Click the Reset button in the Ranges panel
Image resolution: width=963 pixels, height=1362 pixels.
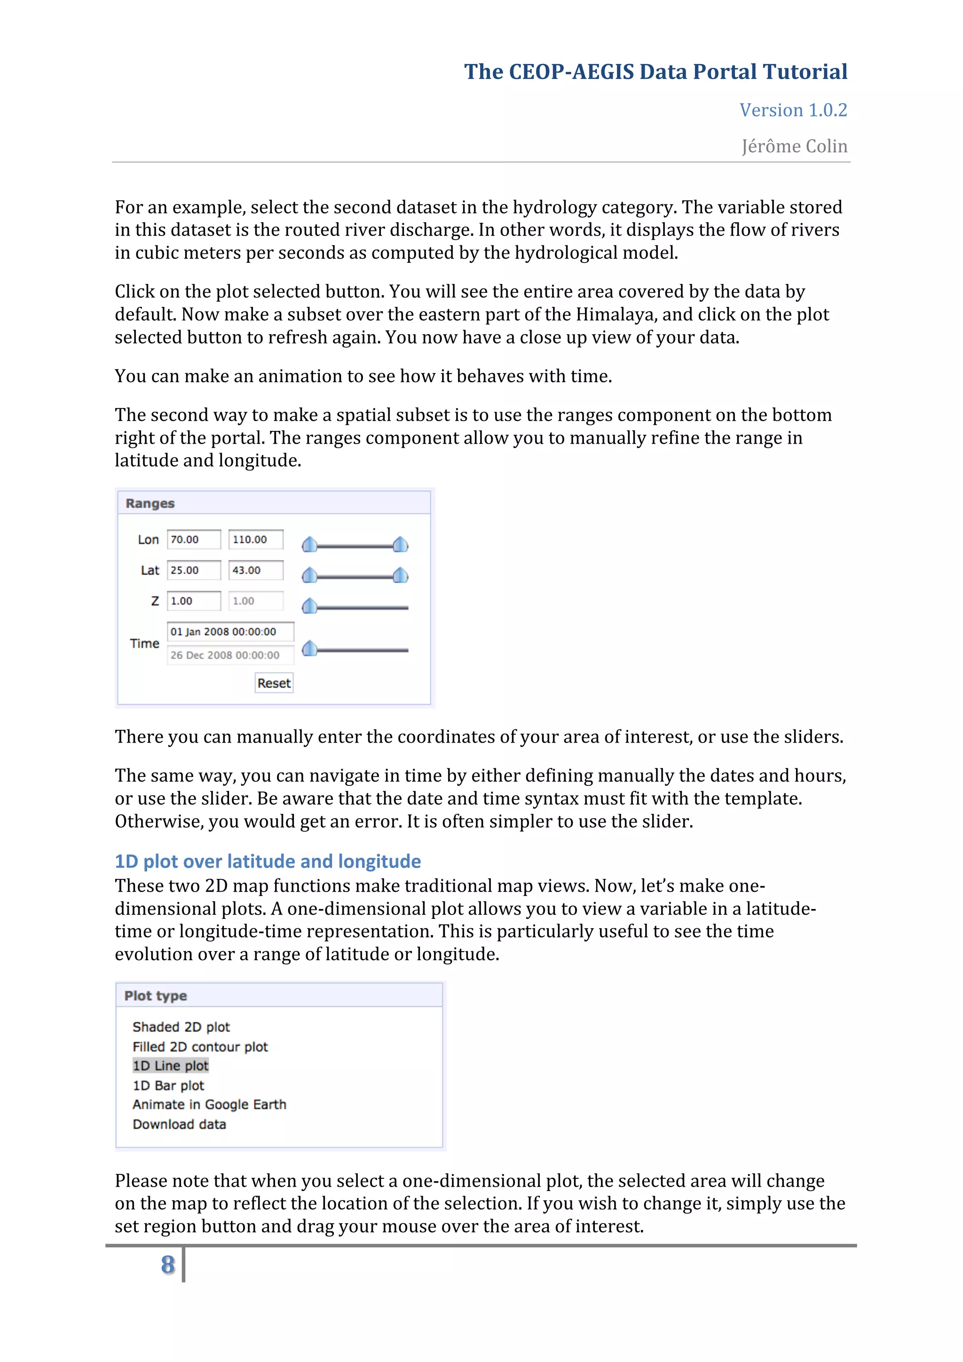click(x=274, y=683)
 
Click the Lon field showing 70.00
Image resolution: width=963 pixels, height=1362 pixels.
click(x=193, y=539)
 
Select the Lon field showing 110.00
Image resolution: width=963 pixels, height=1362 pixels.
click(x=256, y=539)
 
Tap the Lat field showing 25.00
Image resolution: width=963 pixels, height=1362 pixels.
click(x=193, y=570)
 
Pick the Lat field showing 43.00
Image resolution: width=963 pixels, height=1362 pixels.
click(x=256, y=570)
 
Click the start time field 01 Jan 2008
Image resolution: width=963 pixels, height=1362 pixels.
click(x=230, y=632)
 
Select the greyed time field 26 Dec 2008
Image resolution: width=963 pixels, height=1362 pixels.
click(x=230, y=655)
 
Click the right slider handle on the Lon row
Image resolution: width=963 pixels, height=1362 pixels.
click(x=401, y=544)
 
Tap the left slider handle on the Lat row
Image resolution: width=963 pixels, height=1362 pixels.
click(x=309, y=575)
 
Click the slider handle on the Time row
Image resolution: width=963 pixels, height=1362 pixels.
click(x=309, y=649)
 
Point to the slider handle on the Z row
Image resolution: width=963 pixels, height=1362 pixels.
click(x=309, y=606)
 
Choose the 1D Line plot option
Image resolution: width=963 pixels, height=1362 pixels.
click(x=171, y=1065)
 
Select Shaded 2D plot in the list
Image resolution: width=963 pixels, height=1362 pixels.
click(x=181, y=1027)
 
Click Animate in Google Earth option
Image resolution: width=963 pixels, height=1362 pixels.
click(x=209, y=1104)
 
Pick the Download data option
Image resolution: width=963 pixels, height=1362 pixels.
click(x=179, y=1124)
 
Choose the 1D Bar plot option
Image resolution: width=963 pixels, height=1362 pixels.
click(x=168, y=1085)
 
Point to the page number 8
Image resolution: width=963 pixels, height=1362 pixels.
click(x=168, y=1264)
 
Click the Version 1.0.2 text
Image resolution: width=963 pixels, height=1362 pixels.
click(x=793, y=110)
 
